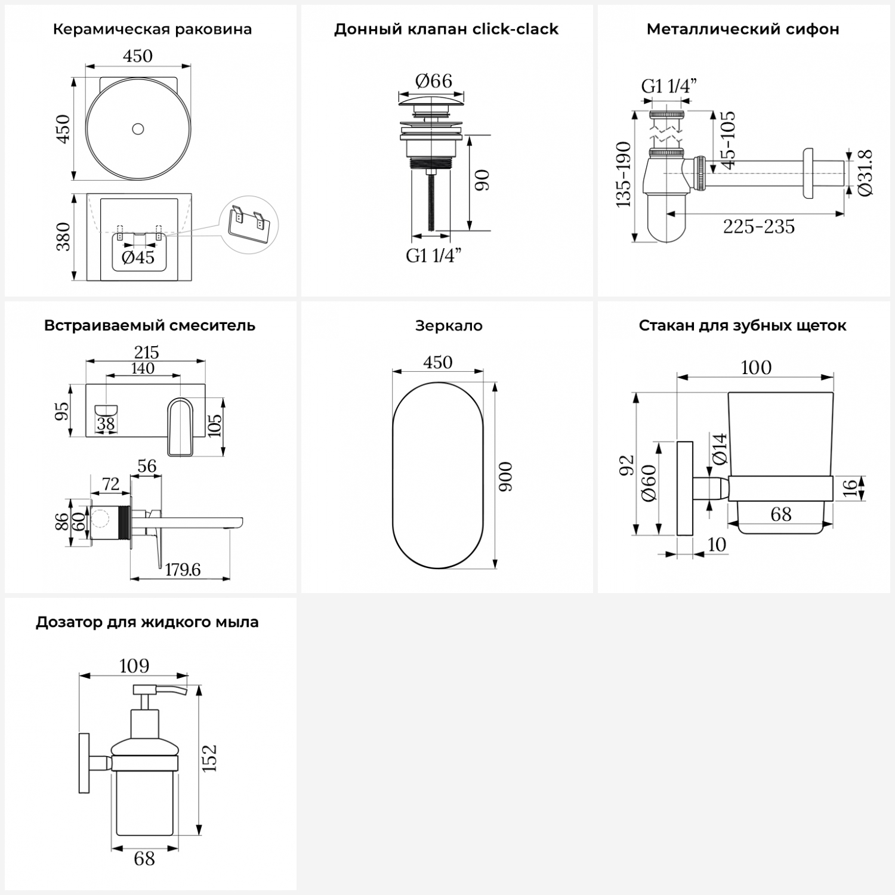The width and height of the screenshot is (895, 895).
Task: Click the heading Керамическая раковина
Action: click(x=152, y=29)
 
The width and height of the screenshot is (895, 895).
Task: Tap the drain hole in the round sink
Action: click(x=138, y=128)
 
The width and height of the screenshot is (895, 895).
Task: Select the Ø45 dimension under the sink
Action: click(x=138, y=257)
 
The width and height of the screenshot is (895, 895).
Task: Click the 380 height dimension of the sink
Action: click(x=63, y=236)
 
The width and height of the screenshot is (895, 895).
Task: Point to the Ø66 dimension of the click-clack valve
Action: click(x=434, y=81)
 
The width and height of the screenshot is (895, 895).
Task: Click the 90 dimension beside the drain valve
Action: click(x=482, y=180)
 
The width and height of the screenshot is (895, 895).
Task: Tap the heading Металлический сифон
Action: click(x=743, y=29)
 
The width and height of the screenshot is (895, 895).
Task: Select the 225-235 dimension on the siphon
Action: click(x=759, y=227)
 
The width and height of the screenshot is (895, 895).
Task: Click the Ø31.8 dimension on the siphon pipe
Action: click(x=866, y=172)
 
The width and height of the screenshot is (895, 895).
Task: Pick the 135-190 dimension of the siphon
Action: click(x=623, y=175)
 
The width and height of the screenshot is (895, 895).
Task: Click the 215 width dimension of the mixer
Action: click(x=146, y=352)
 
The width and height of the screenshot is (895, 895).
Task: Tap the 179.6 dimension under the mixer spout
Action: click(x=183, y=570)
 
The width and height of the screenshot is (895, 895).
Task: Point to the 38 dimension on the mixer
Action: click(x=106, y=424)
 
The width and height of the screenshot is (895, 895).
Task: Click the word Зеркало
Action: click(x=449, y=326)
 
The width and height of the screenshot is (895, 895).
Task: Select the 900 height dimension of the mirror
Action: click(x=505, y=476)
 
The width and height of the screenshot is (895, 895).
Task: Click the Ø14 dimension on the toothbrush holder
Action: click(x=720, y=449)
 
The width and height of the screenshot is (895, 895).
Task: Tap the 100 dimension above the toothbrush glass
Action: click(x=756, y=368)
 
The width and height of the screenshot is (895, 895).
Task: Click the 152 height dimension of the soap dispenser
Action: click(x=209, y=758)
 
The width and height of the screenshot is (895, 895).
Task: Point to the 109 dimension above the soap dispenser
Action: click(x=134, y=666)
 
